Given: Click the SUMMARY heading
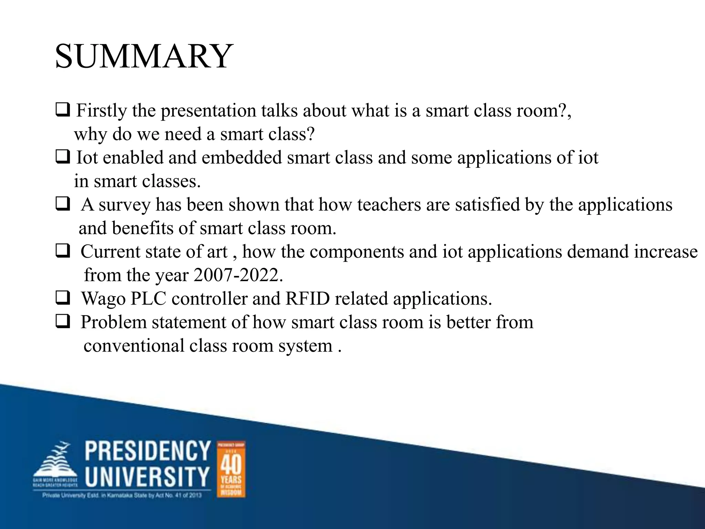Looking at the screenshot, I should pyautogui.click(x=144, y=56).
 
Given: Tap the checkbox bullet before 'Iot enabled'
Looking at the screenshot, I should pyautogui.click(x=63, y=157).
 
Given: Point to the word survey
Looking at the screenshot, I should pyautogui.click(x=125, y=205).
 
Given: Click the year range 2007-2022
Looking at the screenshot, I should pyautogui.click(x=238, y=275).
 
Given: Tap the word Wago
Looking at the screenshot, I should pyautogui.click(x=103, y=299).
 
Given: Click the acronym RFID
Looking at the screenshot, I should pyautogui.click(x=307, y=299).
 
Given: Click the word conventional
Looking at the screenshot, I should pyautogui.click(x=134, y=346).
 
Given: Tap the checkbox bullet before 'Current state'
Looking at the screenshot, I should pyautogui.click(x=63, y=251).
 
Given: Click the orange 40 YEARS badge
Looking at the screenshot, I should pyautogui.click(x=231, y=469).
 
